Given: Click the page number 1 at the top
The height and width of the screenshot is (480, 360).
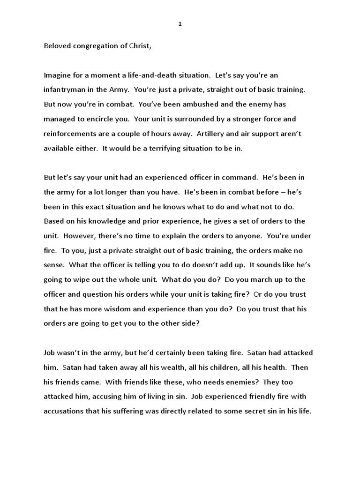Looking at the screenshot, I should tap(180, 25).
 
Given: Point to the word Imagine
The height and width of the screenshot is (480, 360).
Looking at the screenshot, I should tap(58, 75).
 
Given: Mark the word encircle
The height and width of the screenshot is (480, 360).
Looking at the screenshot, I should tap(104, 119).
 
